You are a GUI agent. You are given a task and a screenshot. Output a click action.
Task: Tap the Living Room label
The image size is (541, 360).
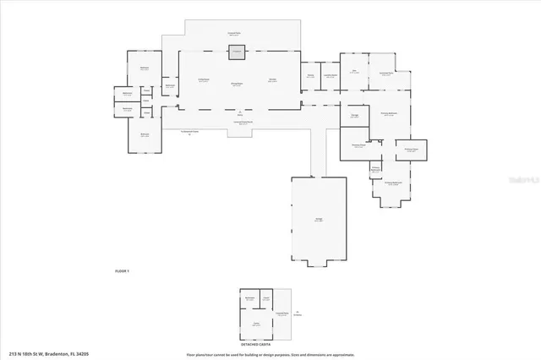point(204,80)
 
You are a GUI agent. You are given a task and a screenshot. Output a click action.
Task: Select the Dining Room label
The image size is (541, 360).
point(238,84)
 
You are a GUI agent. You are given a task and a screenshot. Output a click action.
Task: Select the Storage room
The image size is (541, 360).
point(355,114)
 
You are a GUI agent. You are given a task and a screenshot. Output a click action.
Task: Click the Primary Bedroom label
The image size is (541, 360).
point(389,114)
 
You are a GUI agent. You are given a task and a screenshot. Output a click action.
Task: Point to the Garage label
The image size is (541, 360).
point(319,219)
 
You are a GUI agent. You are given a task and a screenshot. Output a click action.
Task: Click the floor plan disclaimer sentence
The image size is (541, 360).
point(270,354)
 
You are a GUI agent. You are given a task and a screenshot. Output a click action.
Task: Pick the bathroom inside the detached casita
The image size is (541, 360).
point(249,299)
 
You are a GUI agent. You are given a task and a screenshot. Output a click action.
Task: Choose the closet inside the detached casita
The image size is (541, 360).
point(265,298)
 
